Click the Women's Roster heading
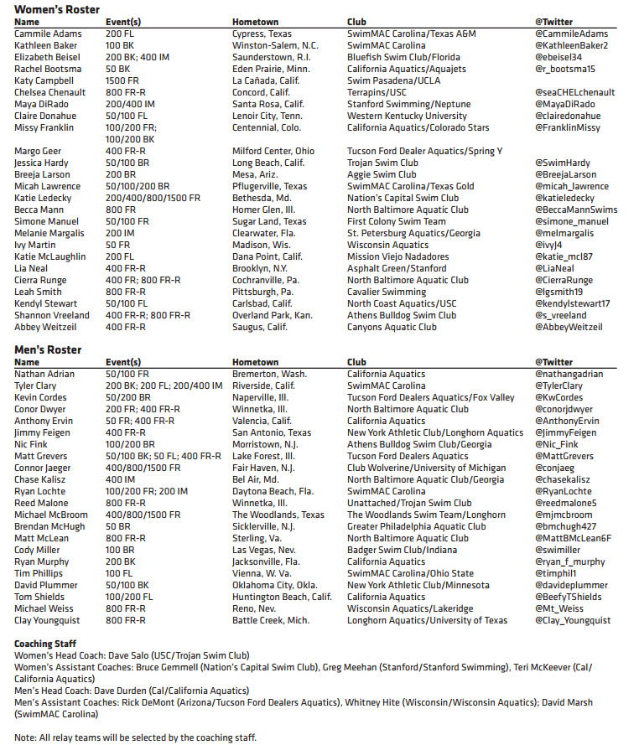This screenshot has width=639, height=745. click(57, 9)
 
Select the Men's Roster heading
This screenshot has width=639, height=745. click(49, 350)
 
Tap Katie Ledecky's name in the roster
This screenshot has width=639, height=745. click(43, 198)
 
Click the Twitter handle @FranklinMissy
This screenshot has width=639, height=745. click(568, 127)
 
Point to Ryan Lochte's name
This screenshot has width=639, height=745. click(39, 491)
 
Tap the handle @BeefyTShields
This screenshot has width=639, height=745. click(568, 597)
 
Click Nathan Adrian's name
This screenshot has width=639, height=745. click(44, 374)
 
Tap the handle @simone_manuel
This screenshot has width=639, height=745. click(570, 221)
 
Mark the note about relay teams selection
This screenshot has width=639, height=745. click(135, 737)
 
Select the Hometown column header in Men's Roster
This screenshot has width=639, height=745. click(255, 362)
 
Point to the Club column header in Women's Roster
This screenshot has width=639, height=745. click(356, 22)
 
